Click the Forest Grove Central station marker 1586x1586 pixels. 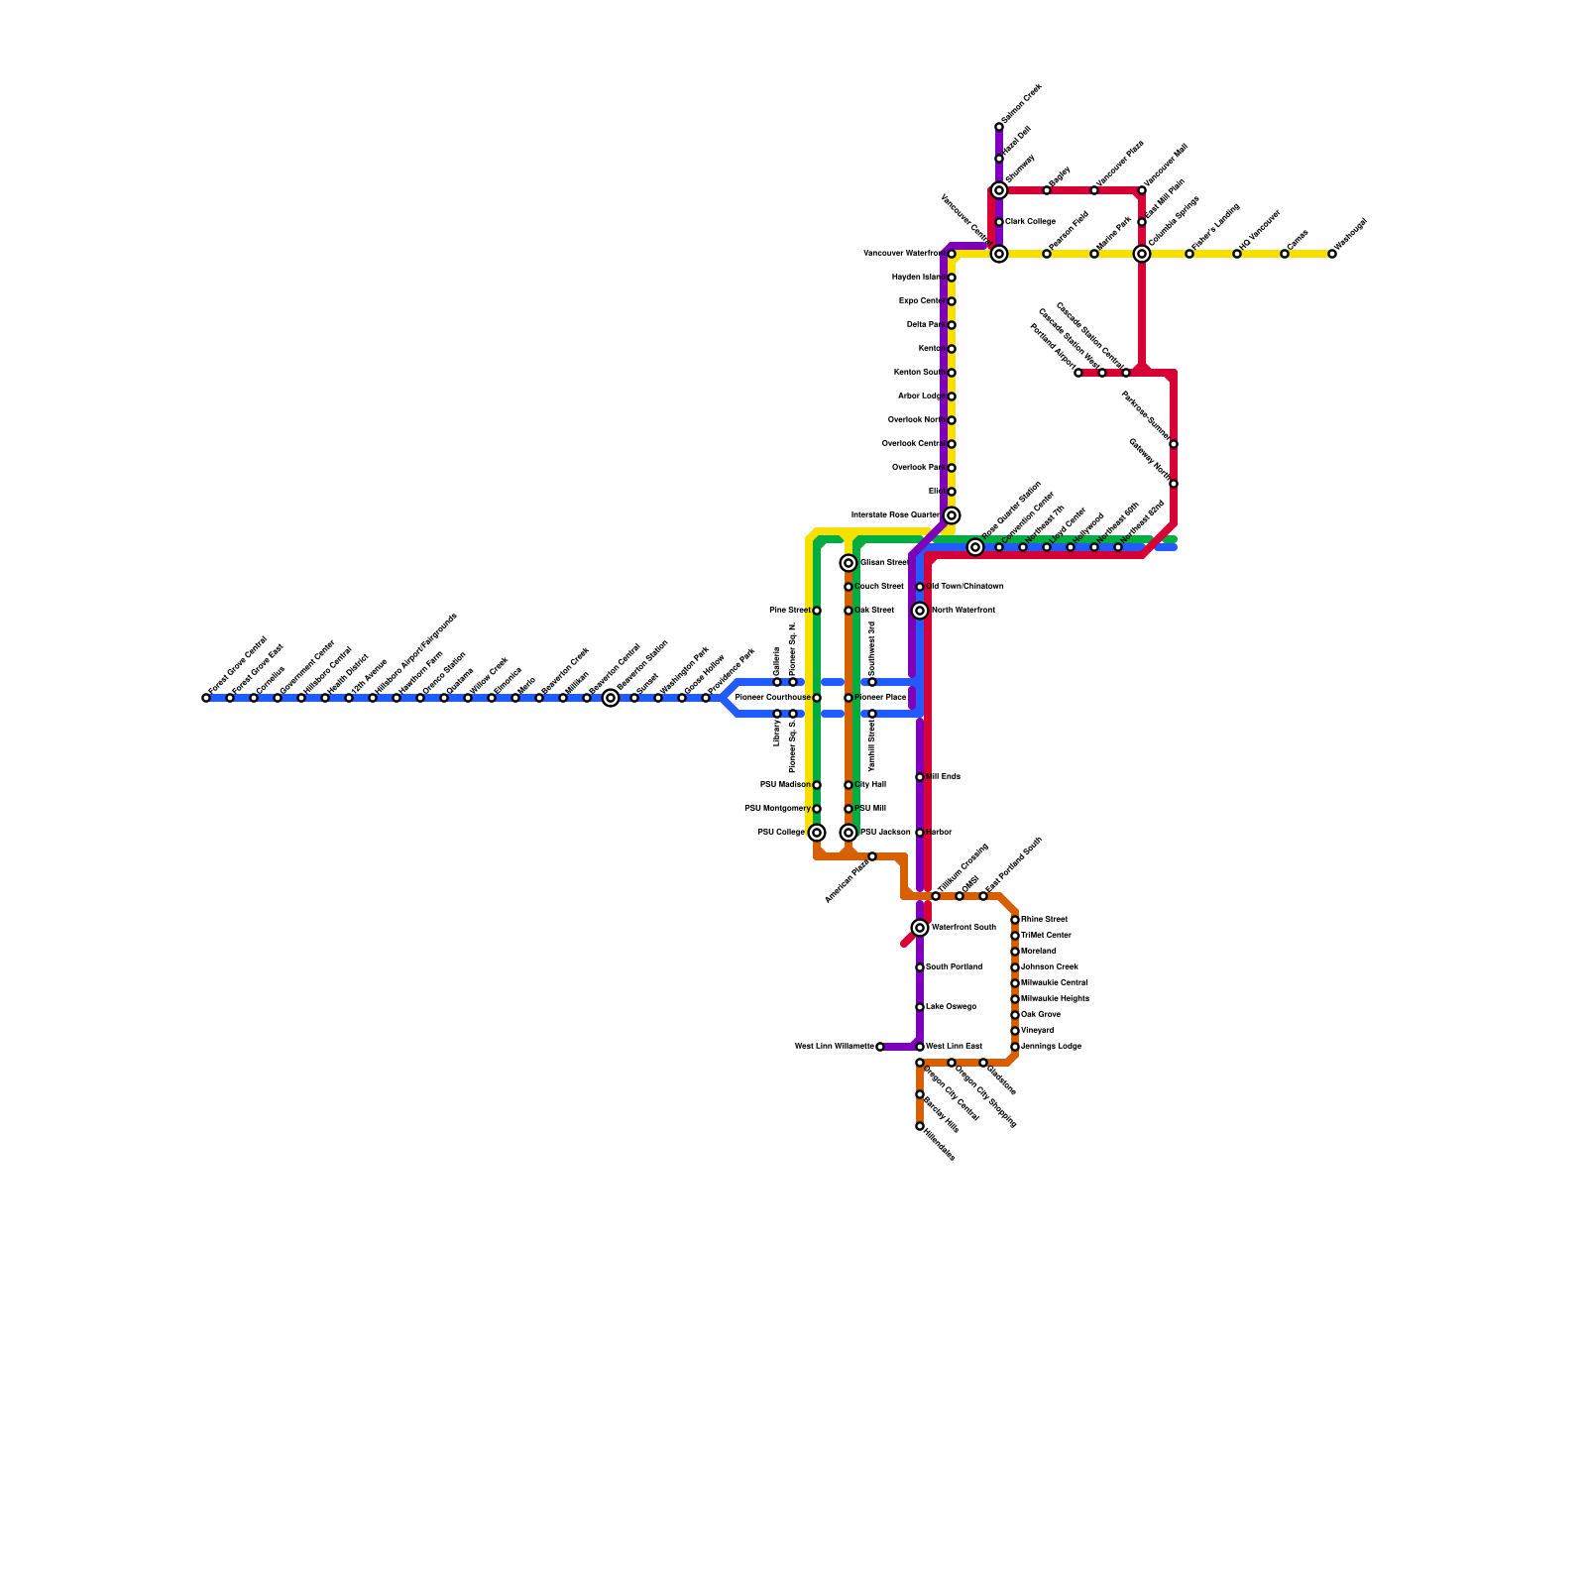tap(206, 698)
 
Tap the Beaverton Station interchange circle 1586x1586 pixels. tap(611, 698)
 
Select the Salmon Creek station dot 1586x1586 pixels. tap(999, 127)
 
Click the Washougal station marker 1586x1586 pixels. tap(1332, 254)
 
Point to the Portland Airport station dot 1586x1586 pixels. tap(1078, 373)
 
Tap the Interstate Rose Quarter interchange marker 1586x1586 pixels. tap(952, 515)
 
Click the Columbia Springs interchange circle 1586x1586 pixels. tap(1142, 254)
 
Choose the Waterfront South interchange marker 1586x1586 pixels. tap(920, 928)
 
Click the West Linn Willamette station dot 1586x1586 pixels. tap(880, 1047)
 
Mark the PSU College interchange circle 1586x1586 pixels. tap(817, 833)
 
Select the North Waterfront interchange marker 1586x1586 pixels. tap(920, 611)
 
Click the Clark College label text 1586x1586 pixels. tap(1030, 222)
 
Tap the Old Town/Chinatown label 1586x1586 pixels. tap(964, 587)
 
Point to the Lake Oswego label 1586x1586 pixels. tap(951, 1007)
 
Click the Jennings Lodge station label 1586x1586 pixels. tap(1051, 1047)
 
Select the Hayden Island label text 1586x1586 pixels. tap(917, 278)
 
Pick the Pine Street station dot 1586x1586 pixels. tap(817, 611)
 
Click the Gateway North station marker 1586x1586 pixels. tap(1174, 484)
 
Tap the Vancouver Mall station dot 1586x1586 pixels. tap(1142, 190)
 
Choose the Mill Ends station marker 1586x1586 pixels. tap(920, 777)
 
